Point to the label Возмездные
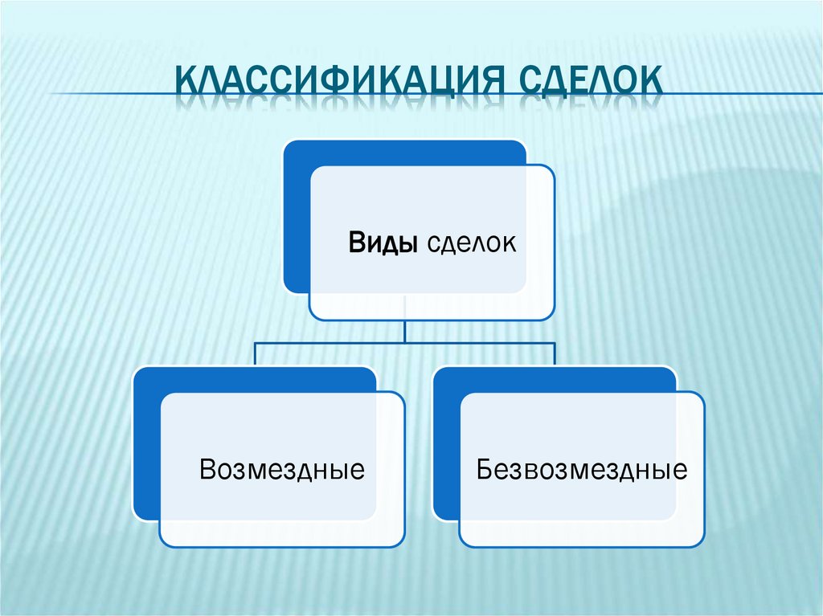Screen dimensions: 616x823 [282, 469]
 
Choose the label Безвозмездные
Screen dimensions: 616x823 [582, 469]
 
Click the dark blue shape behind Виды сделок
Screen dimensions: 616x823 [296, 217]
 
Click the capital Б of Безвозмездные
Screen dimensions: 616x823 [484, 469]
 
